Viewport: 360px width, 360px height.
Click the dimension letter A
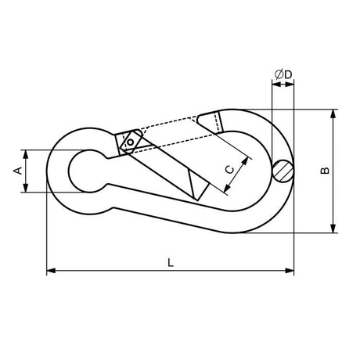(x=18, y=171)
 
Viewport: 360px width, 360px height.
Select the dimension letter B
(x=325, y=171)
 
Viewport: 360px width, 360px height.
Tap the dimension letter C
(x=230, y=170)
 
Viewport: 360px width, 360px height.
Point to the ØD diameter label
(x=283, y=74)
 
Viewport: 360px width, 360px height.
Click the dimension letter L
(x=171, y=262)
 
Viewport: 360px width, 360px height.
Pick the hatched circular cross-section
(x=283, y=171)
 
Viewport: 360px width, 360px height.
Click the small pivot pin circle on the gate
(x=130, y=142)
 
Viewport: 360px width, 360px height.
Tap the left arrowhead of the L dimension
(x=51, y=271)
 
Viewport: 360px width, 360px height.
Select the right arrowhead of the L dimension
(x=290, y=271)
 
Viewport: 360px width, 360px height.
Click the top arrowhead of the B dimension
(x=333, y=114)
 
